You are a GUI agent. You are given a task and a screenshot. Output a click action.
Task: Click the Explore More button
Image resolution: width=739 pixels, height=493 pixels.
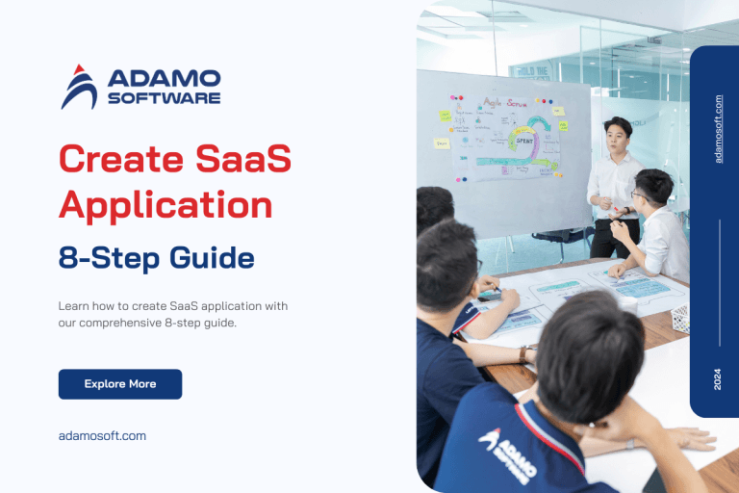tap(119, 384)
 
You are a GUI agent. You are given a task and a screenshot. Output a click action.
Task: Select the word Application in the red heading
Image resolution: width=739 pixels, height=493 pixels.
tap(166, 205)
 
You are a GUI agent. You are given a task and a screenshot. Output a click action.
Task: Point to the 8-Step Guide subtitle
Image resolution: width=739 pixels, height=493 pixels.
tap(157, 258)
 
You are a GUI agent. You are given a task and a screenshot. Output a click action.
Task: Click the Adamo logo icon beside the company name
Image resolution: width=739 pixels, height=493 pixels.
tap(79, 87)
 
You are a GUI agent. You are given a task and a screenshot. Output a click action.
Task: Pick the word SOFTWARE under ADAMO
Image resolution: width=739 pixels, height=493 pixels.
tap(165, 97)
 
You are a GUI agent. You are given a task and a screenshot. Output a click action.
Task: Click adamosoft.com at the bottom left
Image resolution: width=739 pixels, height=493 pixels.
tap(102, 435)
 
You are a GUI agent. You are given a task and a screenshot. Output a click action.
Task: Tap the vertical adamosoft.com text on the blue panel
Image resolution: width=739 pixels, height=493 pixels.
tap(718, 128)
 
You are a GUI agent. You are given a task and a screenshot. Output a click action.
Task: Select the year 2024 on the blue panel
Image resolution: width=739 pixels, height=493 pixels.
tap(718, 379)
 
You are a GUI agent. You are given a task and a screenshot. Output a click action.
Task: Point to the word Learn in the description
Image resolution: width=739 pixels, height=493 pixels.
tap(73, 306)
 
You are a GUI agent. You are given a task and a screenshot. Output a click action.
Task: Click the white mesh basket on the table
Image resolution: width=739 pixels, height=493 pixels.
tap(680, 319)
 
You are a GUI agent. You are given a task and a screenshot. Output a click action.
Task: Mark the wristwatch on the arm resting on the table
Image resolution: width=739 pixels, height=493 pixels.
tap(525, 354)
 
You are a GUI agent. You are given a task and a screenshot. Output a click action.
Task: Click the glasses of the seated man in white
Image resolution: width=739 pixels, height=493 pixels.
tap(639, 195)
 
